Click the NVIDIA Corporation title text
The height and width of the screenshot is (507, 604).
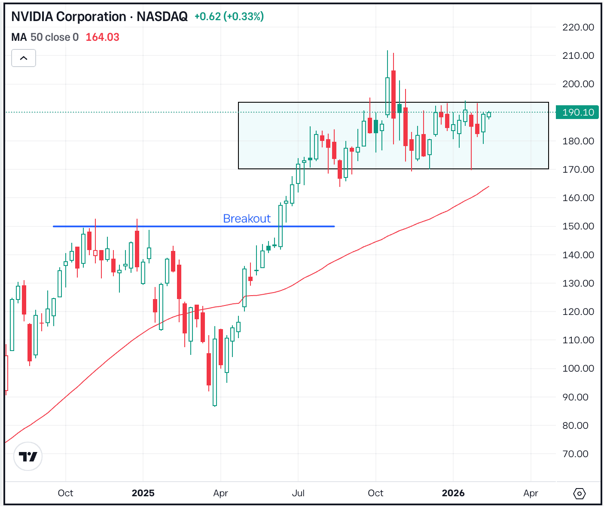point(69,17)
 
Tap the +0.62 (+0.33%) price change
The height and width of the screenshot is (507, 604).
point(229,17)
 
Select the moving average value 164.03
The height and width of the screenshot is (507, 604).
point(102,37)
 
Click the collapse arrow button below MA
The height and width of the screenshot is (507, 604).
point(24,58)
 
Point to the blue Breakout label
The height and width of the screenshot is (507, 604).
point(247,219)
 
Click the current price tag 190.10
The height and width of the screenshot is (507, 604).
point(577,113)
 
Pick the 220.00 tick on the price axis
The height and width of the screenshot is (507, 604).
point(578,27)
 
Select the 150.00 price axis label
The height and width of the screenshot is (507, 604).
point(578,226)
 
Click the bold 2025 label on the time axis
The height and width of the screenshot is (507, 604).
point(143,493)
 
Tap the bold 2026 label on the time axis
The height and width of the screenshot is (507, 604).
point(453,493)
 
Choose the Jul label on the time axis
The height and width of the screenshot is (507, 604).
point(298,493)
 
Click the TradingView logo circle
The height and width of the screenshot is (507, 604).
point(28,456)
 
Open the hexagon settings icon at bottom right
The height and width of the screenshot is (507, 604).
point(579,494)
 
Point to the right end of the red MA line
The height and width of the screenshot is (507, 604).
point(488,186)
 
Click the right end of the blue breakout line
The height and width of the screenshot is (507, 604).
point(334,226)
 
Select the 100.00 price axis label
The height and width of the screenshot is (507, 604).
point(578,369)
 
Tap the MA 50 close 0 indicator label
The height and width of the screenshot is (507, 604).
point(45,37)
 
